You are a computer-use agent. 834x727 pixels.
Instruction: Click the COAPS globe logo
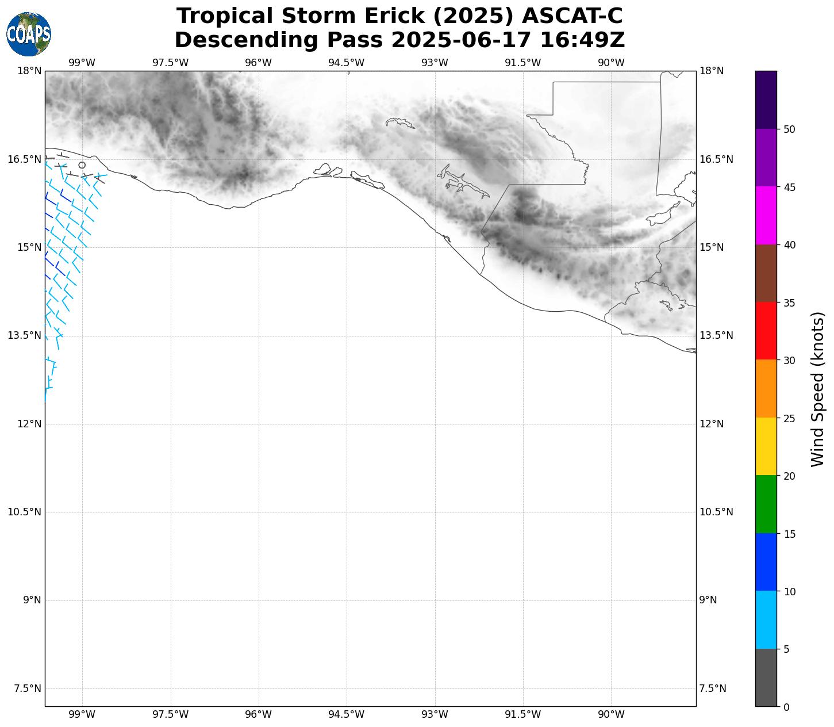coord(29,34)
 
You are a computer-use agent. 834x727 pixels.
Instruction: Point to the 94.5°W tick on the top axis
coord(347,63)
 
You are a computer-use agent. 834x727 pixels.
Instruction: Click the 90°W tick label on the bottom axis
coord(611,714)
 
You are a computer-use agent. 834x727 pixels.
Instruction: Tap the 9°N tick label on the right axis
coord(708,600)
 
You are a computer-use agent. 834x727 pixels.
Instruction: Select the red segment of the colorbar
coord(766,331)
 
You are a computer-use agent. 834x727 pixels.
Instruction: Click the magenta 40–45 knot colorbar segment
coord(766,216)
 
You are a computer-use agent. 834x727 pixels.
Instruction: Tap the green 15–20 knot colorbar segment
coord(766,504)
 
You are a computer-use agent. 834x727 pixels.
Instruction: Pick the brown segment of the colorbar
coord(766,273)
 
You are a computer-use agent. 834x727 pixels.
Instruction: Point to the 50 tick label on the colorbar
coord(789,129)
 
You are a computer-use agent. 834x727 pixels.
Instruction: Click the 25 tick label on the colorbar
coord(789,418)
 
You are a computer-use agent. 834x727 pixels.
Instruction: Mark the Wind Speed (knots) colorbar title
coord(817,389)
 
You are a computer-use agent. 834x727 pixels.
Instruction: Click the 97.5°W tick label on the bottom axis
coord(170,714)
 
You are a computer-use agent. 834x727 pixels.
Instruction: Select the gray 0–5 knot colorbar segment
coord(766,678)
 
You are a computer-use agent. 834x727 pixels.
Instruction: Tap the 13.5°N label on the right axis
coord(716,335)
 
